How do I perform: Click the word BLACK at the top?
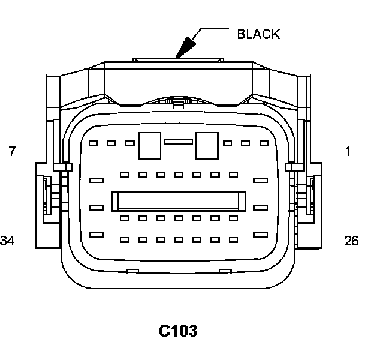(258, 34)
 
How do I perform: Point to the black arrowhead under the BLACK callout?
(186, 47)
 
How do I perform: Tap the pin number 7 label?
(12, 152)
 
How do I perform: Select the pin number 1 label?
(347, 152)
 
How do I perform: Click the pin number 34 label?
(8, 241)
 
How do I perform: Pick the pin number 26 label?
(351, 241)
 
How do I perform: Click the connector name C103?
(178, 331)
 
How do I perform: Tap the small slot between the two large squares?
(178, 142)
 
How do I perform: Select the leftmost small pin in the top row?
(92, 143)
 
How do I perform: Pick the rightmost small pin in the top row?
(263, 143)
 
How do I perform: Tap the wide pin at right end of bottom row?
(260, 234)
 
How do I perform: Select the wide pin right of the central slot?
(260, 208)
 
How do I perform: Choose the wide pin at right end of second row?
(260, 180)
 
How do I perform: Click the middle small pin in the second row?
(178, 175)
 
